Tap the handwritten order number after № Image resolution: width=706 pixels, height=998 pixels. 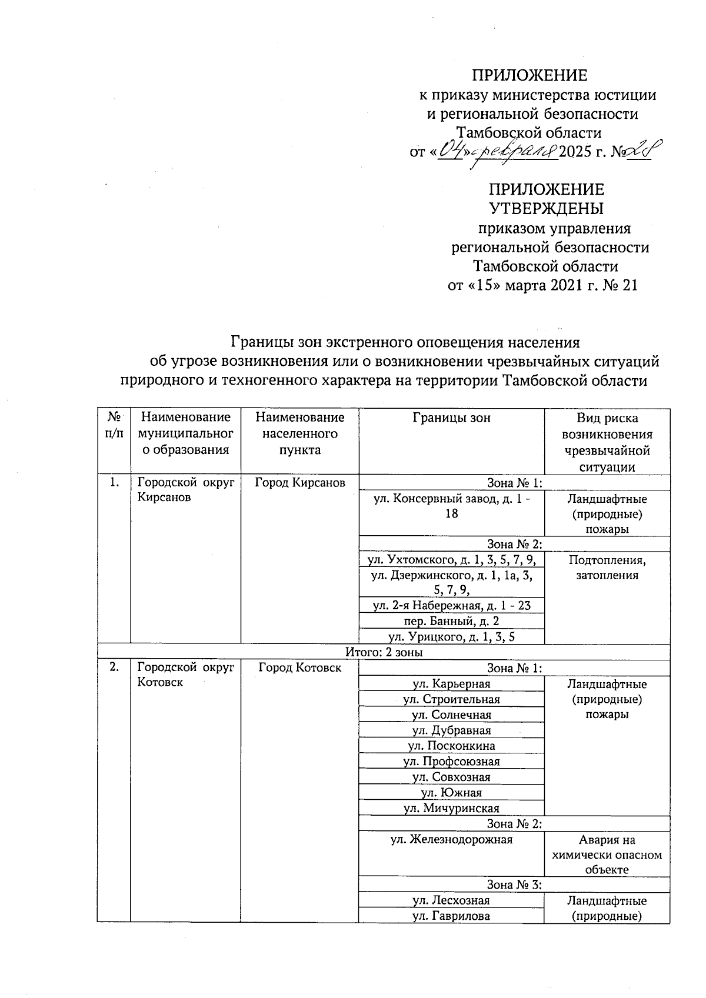pyautogui.click(x=641, y=151)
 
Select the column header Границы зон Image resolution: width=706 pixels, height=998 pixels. pyautogui.click(x=451, y=418)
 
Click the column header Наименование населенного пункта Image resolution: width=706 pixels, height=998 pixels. pyautogui.click(x=299, y=434)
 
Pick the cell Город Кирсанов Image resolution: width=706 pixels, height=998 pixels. pyautogui.click(x=299, y=483)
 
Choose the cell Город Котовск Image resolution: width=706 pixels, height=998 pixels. pyautogui.click(x=299, y=668)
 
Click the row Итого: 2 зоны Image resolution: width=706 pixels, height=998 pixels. pyautogui.click(x=384, y=652)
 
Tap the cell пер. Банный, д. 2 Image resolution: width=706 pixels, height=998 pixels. pyautogui.click(x=451, y=621)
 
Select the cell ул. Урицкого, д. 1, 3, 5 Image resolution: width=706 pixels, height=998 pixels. pyautogui.click(x=451, y=637)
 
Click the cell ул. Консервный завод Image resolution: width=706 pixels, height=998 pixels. pyautogui.click(x=451, y=506)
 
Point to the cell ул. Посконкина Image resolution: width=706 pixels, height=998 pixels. pyautogui.click(x=451, y=746)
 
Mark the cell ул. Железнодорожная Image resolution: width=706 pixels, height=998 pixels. pyautogui.click(x=451, y=840)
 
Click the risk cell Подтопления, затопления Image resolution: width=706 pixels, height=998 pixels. pyautogui.click(x=607, y=568)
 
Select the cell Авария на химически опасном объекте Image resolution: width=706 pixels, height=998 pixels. pyautogui.click(x=607, y=855)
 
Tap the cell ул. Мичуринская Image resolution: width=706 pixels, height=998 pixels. pyautogui.click(x=451, y=808)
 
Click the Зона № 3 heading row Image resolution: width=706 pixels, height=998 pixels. pyautogui.click(x=514, y=884)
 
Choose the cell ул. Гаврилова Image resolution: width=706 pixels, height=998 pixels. pyautogui.click(x=451, y=916)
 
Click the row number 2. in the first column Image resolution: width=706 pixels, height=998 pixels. pyautogui.click(x=114, y=667)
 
